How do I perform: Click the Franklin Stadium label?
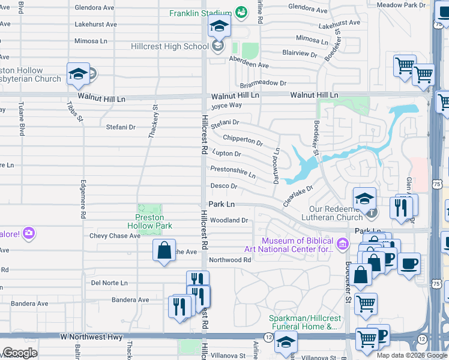point(200,13)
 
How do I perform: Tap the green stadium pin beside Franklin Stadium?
point(241,12)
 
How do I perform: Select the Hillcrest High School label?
point(170,46)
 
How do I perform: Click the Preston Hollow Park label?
point(149,221)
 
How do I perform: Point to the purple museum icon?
point(342,243)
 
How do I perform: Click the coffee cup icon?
point(410,264)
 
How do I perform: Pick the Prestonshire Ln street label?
point(233,172)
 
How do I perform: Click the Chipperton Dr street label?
point(243,140)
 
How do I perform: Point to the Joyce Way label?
point(226,105)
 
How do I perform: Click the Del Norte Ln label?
point(109,283)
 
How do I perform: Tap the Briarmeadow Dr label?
point(263,83)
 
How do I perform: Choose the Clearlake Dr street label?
point(298,196)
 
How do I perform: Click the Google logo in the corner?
point(20,353)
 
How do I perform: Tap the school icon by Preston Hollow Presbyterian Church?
point(78,74)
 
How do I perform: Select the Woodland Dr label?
point(229,220)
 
